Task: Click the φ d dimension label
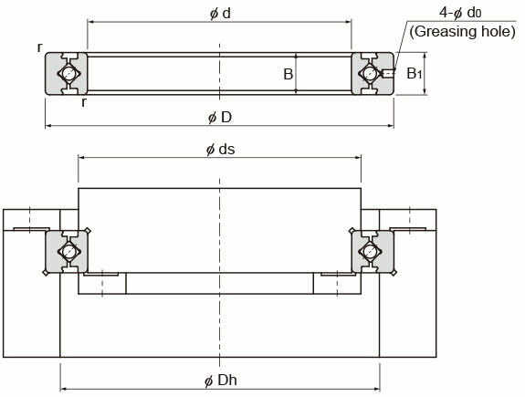[x=220, y=14]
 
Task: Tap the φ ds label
[x=220, y=149]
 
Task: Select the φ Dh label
[x=221, y=381]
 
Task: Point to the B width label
[x=288, y=74]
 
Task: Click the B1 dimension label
[x=414, y=74]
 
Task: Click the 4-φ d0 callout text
[x=460, y=13]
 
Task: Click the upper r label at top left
[x=40, y=47]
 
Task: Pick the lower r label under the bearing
[x=84, y=103]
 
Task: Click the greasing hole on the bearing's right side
[x=388, y=73]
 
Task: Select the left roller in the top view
[x=68, y=73]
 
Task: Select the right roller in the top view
[x=370, y=73]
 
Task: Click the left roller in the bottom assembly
[x=68, y=251]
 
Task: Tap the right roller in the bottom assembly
[x=370, y=251]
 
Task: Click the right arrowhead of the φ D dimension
[x=391, y=126]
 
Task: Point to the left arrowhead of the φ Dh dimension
[x=63, y=389]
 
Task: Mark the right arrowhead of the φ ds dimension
[x=358, y=157]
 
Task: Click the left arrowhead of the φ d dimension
[x=90, y=22]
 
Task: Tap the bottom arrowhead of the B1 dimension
[x=425, y=91]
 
